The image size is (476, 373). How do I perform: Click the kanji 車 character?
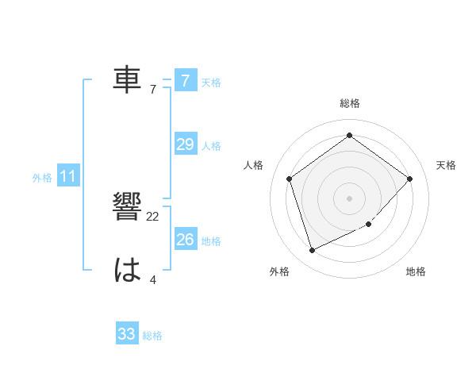(128, 79)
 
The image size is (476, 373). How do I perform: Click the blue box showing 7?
(185, 81)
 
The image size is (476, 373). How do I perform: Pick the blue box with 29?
(185, 144)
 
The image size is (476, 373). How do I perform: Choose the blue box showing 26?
(185, 239)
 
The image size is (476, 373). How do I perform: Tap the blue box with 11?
(67, 177)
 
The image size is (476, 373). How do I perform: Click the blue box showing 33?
(127, 334)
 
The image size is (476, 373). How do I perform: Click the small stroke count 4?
(152, 279)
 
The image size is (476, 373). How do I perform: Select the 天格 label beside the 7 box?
(211, 82)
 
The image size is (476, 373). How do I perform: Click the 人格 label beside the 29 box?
(211, 146)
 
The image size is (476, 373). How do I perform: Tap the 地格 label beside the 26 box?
(211, 240)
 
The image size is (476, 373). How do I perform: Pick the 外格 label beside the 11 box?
(42, 179)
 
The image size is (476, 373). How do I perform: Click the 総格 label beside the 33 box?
(152, 336)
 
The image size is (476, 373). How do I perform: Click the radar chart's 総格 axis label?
(350, 103)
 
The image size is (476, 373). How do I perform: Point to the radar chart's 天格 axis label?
(446, 165)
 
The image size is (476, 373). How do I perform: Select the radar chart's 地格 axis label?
(416, 272)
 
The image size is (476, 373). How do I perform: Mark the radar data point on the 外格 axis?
(312, 251)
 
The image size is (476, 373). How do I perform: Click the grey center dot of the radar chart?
(349, 198)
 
